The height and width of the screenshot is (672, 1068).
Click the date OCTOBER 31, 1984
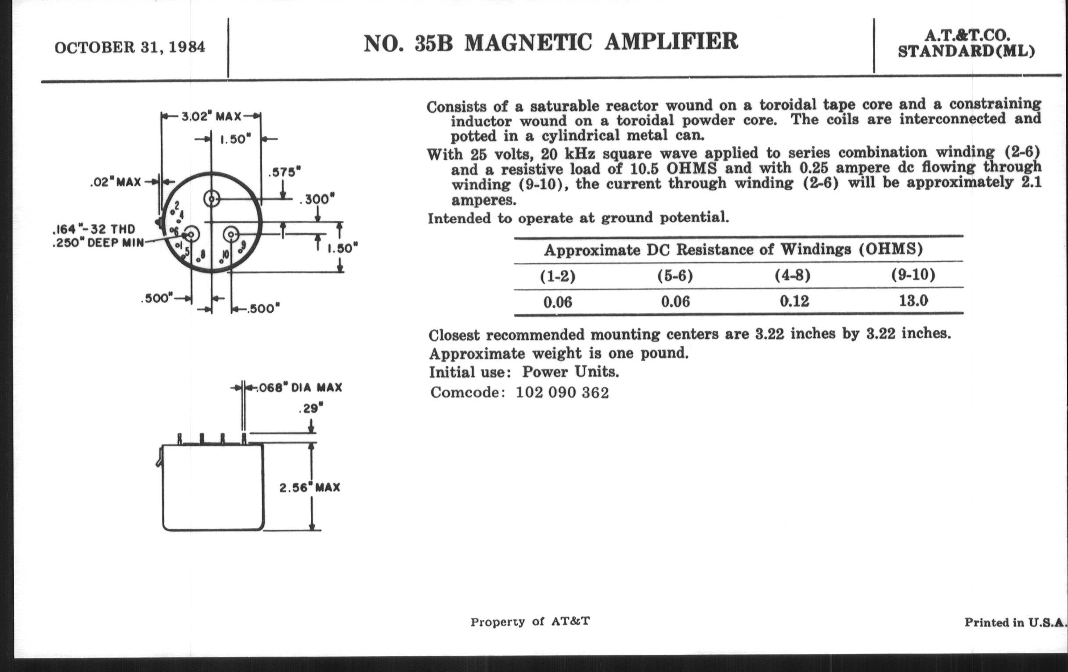130,47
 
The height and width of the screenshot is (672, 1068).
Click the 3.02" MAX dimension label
211,117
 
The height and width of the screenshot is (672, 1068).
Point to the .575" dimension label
284,172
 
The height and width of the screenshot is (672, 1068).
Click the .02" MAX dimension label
115,182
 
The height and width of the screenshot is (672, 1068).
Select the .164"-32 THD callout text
94,229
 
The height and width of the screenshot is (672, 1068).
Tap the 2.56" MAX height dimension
310,488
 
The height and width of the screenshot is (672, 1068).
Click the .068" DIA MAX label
300,388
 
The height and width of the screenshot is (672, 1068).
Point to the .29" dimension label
310,408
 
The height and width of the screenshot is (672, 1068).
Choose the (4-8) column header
793,276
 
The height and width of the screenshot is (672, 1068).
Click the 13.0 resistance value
913,301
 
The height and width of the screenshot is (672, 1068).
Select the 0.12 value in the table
794,302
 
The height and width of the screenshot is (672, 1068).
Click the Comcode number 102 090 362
563,393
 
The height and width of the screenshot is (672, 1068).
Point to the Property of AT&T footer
530,622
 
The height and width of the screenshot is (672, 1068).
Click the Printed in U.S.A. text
1015,623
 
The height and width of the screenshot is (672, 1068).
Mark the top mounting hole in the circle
212,199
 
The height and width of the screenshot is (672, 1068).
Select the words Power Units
570,372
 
